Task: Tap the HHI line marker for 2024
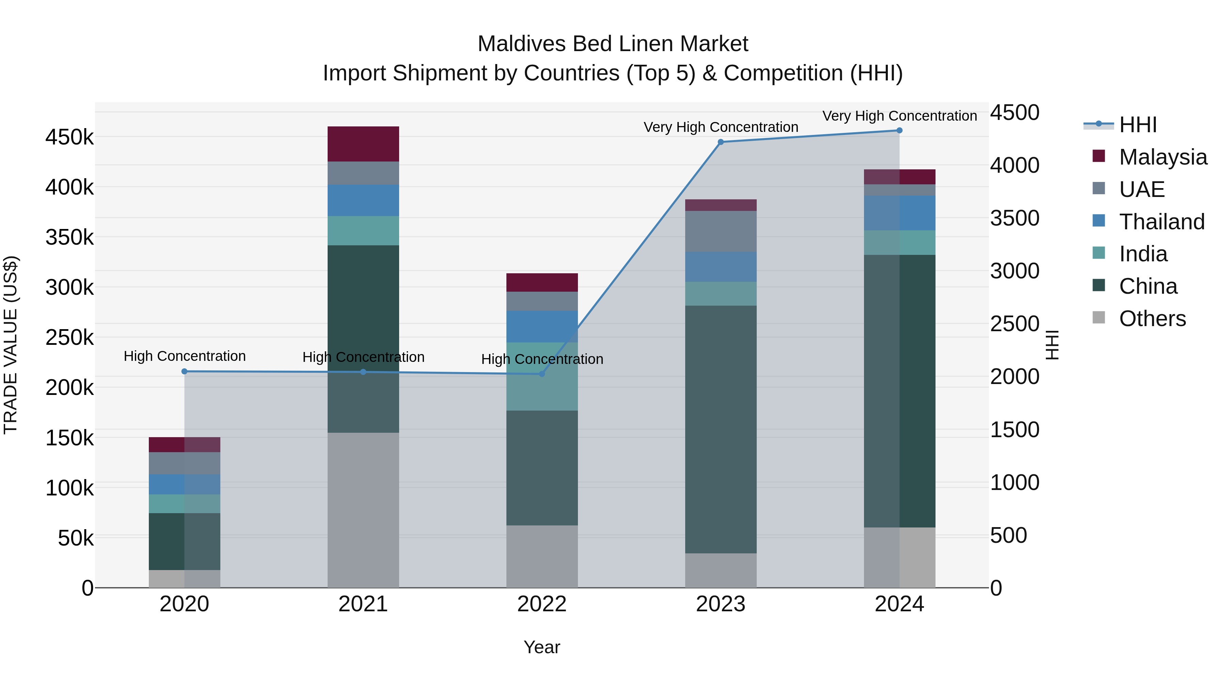coord(899,131)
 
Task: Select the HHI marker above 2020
coord(185,371)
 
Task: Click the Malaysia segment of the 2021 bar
coord(363,144)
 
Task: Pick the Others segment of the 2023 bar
coord(721,570)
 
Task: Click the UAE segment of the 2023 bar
coord(721,231)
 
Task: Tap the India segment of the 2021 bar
coord(363,230)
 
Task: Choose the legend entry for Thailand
coord(1161,222)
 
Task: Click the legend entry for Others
coord(1152,319)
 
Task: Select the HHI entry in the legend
coord(1137,125)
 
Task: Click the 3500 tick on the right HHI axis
coord(1015,218)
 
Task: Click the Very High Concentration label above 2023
coord(721,127)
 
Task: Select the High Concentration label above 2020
coord(185,356)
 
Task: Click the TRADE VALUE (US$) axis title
coord(11,345)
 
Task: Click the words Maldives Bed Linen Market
coord(613,44)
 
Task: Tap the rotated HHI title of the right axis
coord(1052,345)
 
